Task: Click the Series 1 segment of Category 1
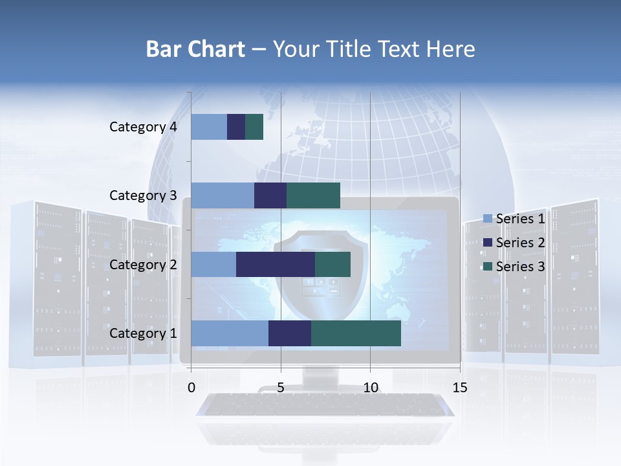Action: point(230,333)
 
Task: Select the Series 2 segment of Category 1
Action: point(290,333)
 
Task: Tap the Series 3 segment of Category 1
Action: point(356,333)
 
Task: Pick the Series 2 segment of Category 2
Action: point(276,264)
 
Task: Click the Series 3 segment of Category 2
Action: point(332,264)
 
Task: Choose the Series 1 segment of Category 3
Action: point(223,195)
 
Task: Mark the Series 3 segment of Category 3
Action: point(313,195)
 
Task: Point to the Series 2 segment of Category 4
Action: point(236,127)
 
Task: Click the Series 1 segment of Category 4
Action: point(209,127)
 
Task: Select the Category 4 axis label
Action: point(143,127)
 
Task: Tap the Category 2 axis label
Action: point(143,264)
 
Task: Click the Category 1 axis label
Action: point(143,333)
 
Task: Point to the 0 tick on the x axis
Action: point(191,388)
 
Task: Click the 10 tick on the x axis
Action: point(370,388)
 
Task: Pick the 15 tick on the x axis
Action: point(460,388)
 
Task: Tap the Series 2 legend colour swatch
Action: point(488,243)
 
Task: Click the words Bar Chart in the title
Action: point(195,49)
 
